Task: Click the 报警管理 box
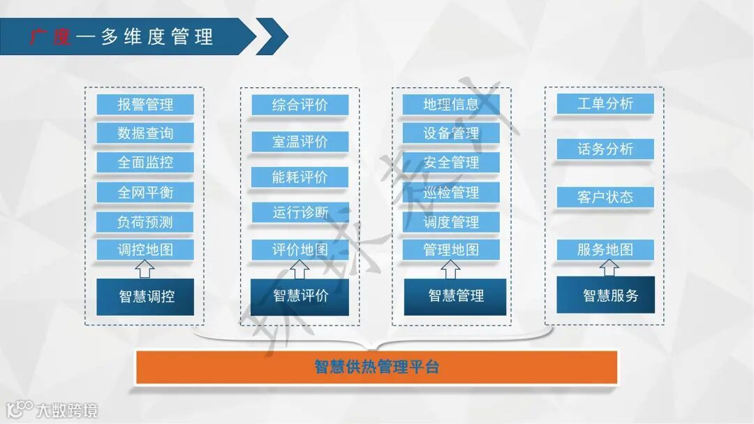click(x=145, y=105)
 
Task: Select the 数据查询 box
click(x=145, y=133)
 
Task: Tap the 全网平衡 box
click(x=145, y=192)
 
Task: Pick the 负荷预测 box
click(x=145, y=222)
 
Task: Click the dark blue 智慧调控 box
click(x=145, y=296)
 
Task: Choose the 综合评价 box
click(x=300, y=105)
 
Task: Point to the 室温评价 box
click(x=300, y=142)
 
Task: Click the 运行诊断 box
click(x=300, y=212)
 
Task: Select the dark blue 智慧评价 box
click(x=300, y=296)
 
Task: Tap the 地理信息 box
click(x=451, y=105)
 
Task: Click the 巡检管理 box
click(x=451, y=192)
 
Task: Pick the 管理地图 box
click(x=451, y=249)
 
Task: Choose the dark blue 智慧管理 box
click(x=455, y=296)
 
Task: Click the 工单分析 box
click(x=605, y=104)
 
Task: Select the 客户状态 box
click(x=605, y=197)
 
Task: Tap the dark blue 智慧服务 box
click(x=606, y=296)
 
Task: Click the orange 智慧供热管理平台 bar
click(x=376, y=367)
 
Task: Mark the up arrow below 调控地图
click(x=145, y=268)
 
